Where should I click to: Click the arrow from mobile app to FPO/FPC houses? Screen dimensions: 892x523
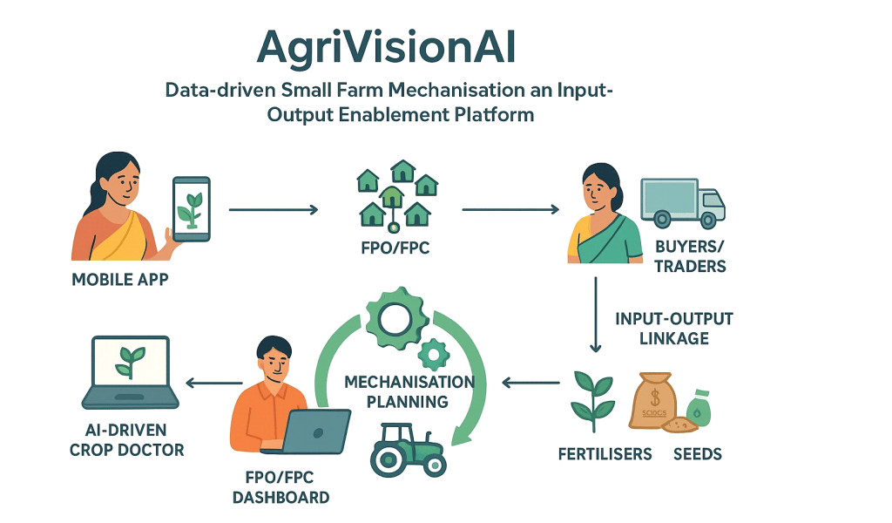pos(273,210)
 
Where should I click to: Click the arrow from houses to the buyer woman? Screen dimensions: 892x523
pos(510,209)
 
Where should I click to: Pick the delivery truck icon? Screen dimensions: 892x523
pos(682,202)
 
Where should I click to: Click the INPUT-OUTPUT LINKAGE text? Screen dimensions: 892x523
pos(673,328)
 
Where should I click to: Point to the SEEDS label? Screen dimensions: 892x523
pos(697,454)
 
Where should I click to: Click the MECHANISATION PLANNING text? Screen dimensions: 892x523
pos(408,391)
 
